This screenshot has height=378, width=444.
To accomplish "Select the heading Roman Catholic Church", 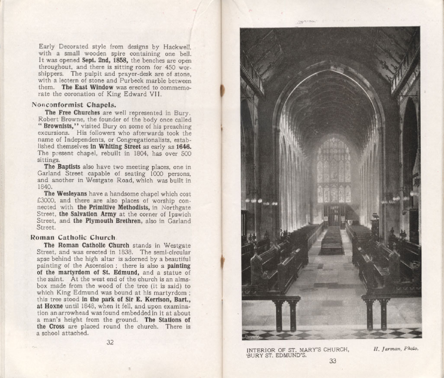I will [x=73, y=237].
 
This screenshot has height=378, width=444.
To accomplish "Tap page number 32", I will [x=110, y=342].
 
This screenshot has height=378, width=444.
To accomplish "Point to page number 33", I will [x=332, y=361].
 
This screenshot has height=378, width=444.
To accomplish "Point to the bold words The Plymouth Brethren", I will [x=106, y=221].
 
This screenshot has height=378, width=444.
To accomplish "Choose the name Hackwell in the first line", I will [x=175, y=46].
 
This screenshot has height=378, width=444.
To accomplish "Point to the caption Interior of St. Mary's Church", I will [x=298, y=349].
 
